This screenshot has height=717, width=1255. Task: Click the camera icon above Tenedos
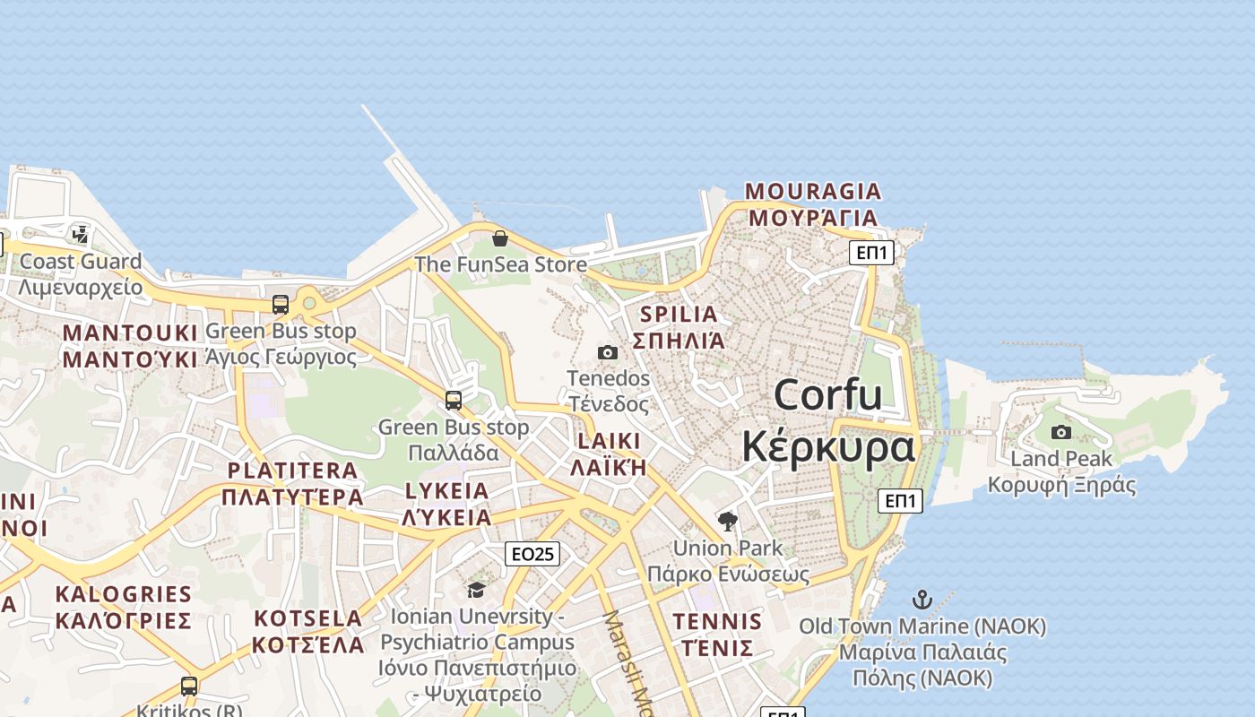608,352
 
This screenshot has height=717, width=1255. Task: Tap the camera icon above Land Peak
1061,433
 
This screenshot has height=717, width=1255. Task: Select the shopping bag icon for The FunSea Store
500,238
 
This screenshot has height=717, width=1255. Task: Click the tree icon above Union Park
728,521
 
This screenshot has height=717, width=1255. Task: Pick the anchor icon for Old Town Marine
922,600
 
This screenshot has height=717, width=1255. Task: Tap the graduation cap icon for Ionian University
476,590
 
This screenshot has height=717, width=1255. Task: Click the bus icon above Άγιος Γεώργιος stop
281,305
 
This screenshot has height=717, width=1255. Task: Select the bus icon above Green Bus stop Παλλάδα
454,401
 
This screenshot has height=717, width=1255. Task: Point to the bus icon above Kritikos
189,687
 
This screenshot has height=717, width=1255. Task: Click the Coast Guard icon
81,235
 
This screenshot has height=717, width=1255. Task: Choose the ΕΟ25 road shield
532,554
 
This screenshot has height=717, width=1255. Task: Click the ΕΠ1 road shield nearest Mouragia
871,253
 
